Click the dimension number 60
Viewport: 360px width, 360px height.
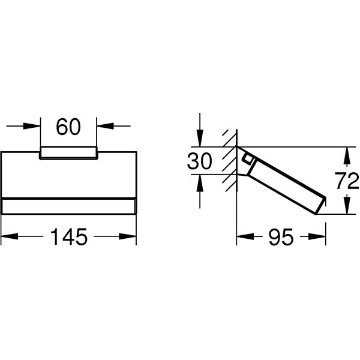(68, 127)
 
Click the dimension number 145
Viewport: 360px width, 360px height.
(68, 237)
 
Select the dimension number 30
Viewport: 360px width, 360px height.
(199, 161)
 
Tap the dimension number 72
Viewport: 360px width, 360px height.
(347, 181)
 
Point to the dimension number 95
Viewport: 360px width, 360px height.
(281, 237)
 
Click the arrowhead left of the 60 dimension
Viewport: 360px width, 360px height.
(32, 126)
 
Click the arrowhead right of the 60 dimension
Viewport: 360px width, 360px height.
(105, 126)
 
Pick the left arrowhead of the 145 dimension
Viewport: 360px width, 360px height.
(10, 236)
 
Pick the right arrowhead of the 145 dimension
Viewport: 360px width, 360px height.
(128, 236)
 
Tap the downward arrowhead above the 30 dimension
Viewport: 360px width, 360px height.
(200, 138)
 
